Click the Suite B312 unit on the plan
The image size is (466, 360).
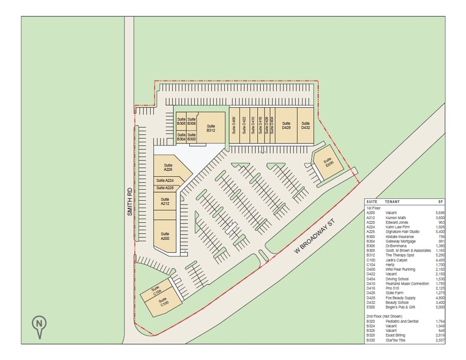coord(210,127)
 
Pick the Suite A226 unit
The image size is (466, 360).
coord(167,167)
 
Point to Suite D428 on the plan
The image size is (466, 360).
coord(285,126)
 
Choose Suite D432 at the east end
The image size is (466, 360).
coord(306,126)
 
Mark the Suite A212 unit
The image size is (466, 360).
coord(165,201)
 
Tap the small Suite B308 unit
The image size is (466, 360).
coord(181,121)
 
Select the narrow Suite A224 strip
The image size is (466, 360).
coord(165,181)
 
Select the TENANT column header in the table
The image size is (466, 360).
coord(393,201)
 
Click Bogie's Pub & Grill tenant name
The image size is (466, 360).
coord(400,307)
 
